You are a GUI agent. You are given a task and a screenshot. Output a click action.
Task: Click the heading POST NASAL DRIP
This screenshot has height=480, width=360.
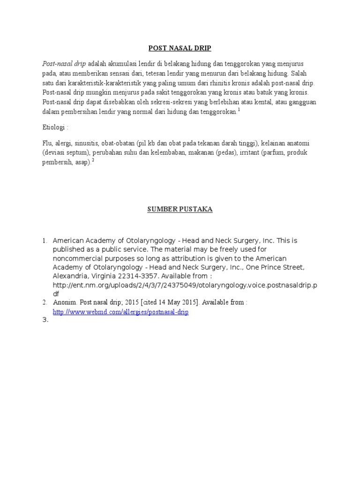tap(180, 48)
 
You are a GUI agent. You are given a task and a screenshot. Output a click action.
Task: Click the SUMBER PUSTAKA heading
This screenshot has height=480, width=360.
tap(180, 210)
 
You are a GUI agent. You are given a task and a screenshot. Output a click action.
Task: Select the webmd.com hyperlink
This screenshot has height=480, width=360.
tap(120, 312)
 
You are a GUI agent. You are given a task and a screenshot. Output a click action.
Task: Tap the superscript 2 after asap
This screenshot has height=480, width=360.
tap(93, 160)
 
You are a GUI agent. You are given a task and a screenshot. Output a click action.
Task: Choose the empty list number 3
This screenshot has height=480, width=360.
tap(45, 321)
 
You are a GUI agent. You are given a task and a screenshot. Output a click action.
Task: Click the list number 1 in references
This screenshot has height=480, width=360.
tap(45, 240)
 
